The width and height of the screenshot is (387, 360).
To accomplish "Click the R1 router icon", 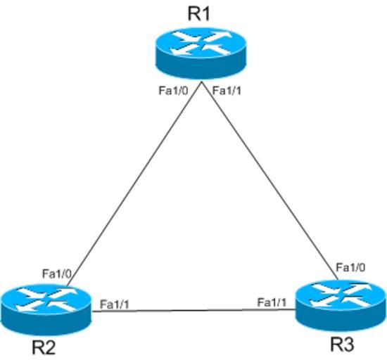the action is [x=201, y=53].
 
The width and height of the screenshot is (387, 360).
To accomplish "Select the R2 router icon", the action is [x=46, y=309].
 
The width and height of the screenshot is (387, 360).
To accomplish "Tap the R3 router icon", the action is [x=341, y=305].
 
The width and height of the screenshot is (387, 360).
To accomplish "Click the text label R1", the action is [x=198, y=14].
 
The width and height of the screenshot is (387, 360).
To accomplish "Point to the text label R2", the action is [x=44, y=347].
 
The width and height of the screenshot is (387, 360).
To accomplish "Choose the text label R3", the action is [x=342, y=344].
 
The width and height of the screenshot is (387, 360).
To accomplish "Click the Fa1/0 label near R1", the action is [x=173, y=91].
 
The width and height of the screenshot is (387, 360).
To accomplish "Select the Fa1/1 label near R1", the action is [x=227, y=91].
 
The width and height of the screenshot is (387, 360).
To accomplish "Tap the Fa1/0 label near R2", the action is [x=57, y=274].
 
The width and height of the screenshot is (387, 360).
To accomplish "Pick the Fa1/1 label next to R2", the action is [x=115, y=304].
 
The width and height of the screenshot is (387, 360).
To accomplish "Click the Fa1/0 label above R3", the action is [x=350, y=267].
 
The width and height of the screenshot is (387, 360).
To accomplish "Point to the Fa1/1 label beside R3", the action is [x=272, y=302].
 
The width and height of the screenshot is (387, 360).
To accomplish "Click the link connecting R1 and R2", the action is [x=135, y=184].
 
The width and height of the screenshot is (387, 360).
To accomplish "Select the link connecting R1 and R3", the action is [x=270, y=181].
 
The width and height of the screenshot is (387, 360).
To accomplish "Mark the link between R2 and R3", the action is [x=193, y=310].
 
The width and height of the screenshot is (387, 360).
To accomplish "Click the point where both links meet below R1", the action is [x=202, y=82].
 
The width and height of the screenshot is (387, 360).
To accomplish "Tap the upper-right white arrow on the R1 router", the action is [x=218, y=37].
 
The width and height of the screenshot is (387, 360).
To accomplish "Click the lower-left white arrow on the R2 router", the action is [x=28, y=307].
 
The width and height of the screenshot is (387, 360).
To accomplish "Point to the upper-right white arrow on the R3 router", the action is [x=358, y=288].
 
